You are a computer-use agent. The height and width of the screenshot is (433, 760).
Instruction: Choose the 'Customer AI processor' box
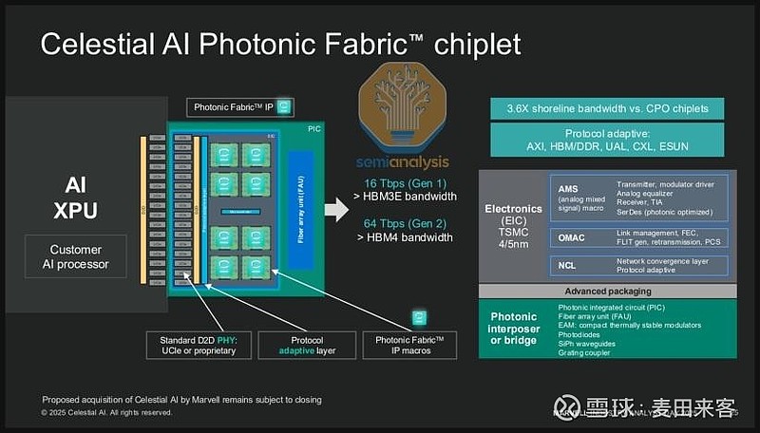coord(75,256)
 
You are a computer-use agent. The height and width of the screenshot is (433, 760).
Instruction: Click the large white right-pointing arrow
coord(337,209)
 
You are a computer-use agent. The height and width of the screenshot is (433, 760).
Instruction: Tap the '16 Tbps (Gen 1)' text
coord(406,182)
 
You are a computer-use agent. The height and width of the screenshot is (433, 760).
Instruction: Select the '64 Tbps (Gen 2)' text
coord(406,224)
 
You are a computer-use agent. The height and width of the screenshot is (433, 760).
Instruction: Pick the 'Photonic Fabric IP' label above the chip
coord(239,107)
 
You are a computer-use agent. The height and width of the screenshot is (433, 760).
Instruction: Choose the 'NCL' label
coord(567,265)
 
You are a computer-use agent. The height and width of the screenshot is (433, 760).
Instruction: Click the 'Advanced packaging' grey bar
coord(608,291)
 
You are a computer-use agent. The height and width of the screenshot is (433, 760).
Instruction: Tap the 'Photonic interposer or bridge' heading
coord(514,329)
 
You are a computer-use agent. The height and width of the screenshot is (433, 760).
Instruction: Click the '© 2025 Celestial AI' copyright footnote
coord(106,414)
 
